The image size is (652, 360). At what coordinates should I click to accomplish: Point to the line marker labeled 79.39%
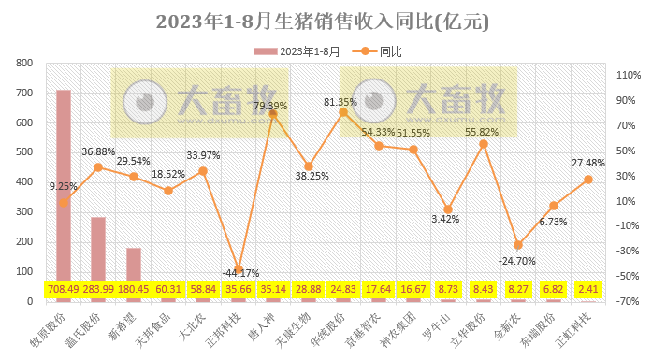tap(273, 115)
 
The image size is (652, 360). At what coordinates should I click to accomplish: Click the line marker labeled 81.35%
tap(343, 112)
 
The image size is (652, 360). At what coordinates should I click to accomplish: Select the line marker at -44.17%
tap(239, 269)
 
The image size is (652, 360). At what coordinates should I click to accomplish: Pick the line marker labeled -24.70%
tap(517, 245)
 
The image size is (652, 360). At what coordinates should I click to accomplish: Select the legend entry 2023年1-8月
tap(298, 50)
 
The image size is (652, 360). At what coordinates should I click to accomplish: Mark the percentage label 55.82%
tap(483, 133)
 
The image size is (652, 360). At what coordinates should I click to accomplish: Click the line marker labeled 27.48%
tap(588, 180)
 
